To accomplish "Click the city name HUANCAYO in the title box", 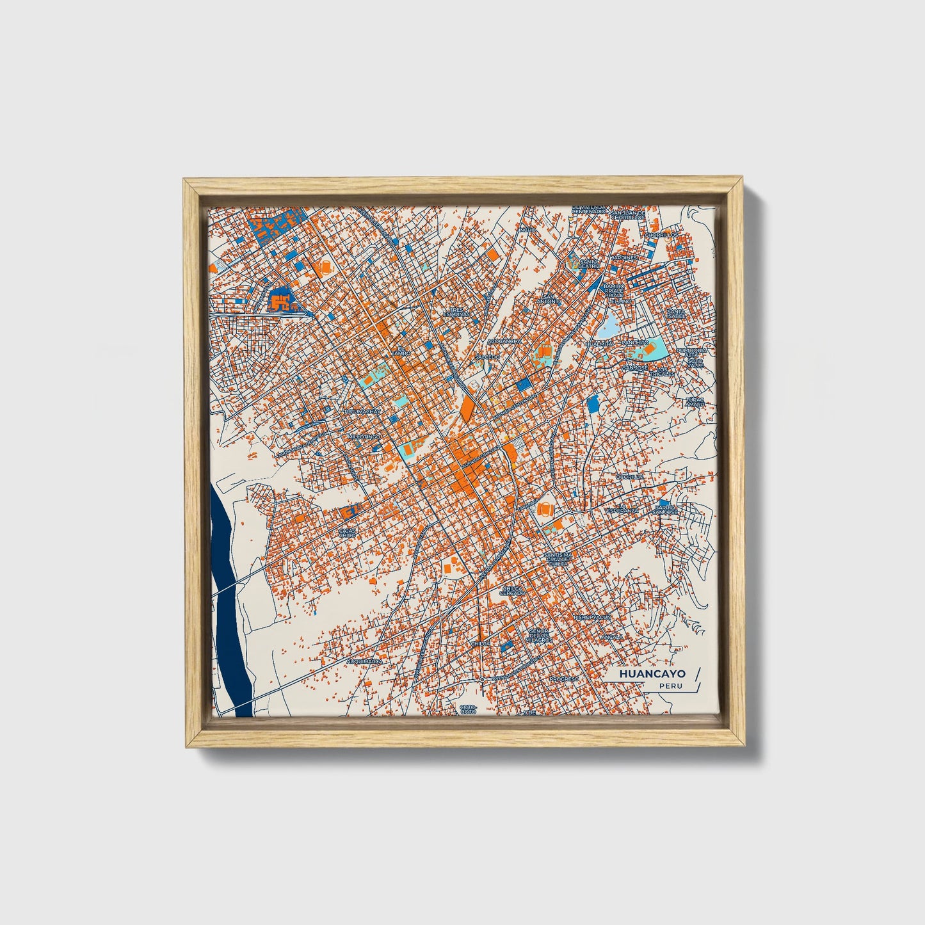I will click(x=652, y=673).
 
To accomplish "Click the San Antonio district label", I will click(x=549, y=298).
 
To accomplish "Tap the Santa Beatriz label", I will click(x=589, y=263).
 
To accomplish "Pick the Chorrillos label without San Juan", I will click(x=661, y=235).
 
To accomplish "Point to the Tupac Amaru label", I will click(x=695, y=402).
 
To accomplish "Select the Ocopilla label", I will click(x=629, y=477).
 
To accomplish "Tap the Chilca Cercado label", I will click(x=513, y=590).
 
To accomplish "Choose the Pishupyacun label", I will click(x=592, y=617).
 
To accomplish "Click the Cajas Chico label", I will click(x=348, y=533).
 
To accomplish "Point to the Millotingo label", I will click(x=364, y=436).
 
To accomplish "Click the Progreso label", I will click(x=564, y=678).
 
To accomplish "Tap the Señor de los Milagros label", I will click(x=538, y=636).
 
